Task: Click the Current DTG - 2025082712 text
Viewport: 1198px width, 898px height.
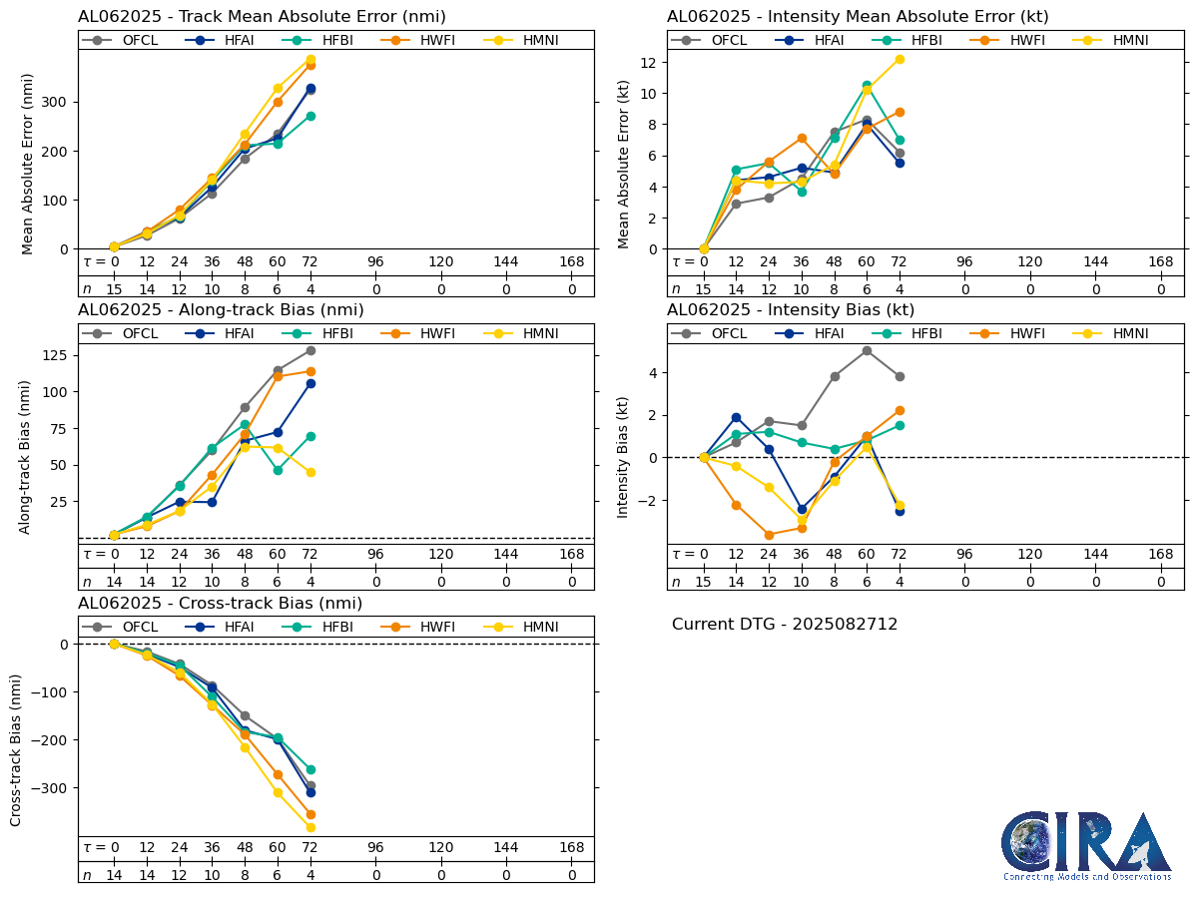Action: click(785, 625)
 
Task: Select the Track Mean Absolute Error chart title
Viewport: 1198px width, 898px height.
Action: click(262, 16)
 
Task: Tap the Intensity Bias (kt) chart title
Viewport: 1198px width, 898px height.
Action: click(791, 310)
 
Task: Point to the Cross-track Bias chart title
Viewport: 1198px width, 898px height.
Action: click(220, 604)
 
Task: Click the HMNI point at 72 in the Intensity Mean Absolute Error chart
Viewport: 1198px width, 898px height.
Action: click(898, 59)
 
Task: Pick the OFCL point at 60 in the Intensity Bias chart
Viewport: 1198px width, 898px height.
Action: click(867, 350)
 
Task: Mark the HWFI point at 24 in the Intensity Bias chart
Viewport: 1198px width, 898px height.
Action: click(769, 535)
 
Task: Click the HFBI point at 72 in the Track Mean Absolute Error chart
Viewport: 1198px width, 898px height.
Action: click(310, 116)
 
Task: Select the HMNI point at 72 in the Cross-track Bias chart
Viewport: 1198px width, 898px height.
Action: click(310, 827)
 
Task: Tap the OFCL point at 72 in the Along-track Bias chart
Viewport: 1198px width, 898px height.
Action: click(310, 350)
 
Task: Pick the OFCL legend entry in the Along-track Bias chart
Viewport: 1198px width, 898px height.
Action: click(125, 333)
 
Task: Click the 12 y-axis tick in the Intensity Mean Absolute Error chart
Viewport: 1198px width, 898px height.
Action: click(649, 62)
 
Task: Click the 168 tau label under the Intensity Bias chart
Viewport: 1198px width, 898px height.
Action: click(1160, 555)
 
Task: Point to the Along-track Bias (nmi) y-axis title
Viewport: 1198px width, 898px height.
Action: click(27, 456)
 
